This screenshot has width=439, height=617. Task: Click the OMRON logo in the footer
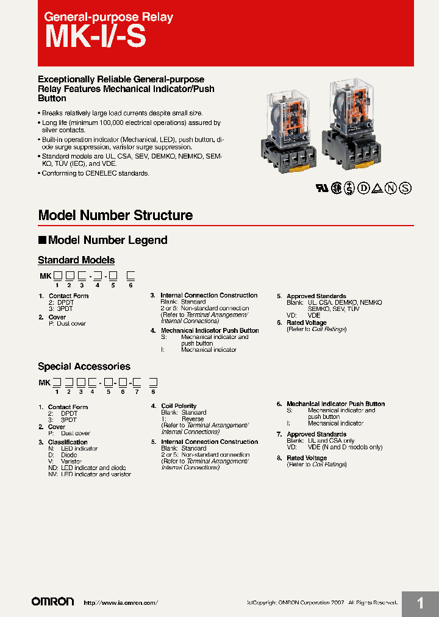(x=52, y=602)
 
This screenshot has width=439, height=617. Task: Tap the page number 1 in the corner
(x=420, y=604)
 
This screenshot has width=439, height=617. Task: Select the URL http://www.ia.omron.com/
(x=120, y=602)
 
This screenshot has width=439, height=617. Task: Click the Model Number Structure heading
(x=115, y=215)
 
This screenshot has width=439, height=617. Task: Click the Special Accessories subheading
(x=84, y=366)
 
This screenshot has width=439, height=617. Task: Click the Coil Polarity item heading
(x=179, y=406)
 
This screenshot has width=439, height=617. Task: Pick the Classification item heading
(x=68, y=442)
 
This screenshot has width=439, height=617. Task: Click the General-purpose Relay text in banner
(x=109, y=17)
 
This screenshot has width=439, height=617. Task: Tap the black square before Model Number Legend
(x=42, y=240)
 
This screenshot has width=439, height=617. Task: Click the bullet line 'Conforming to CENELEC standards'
(x=95, y=174)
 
